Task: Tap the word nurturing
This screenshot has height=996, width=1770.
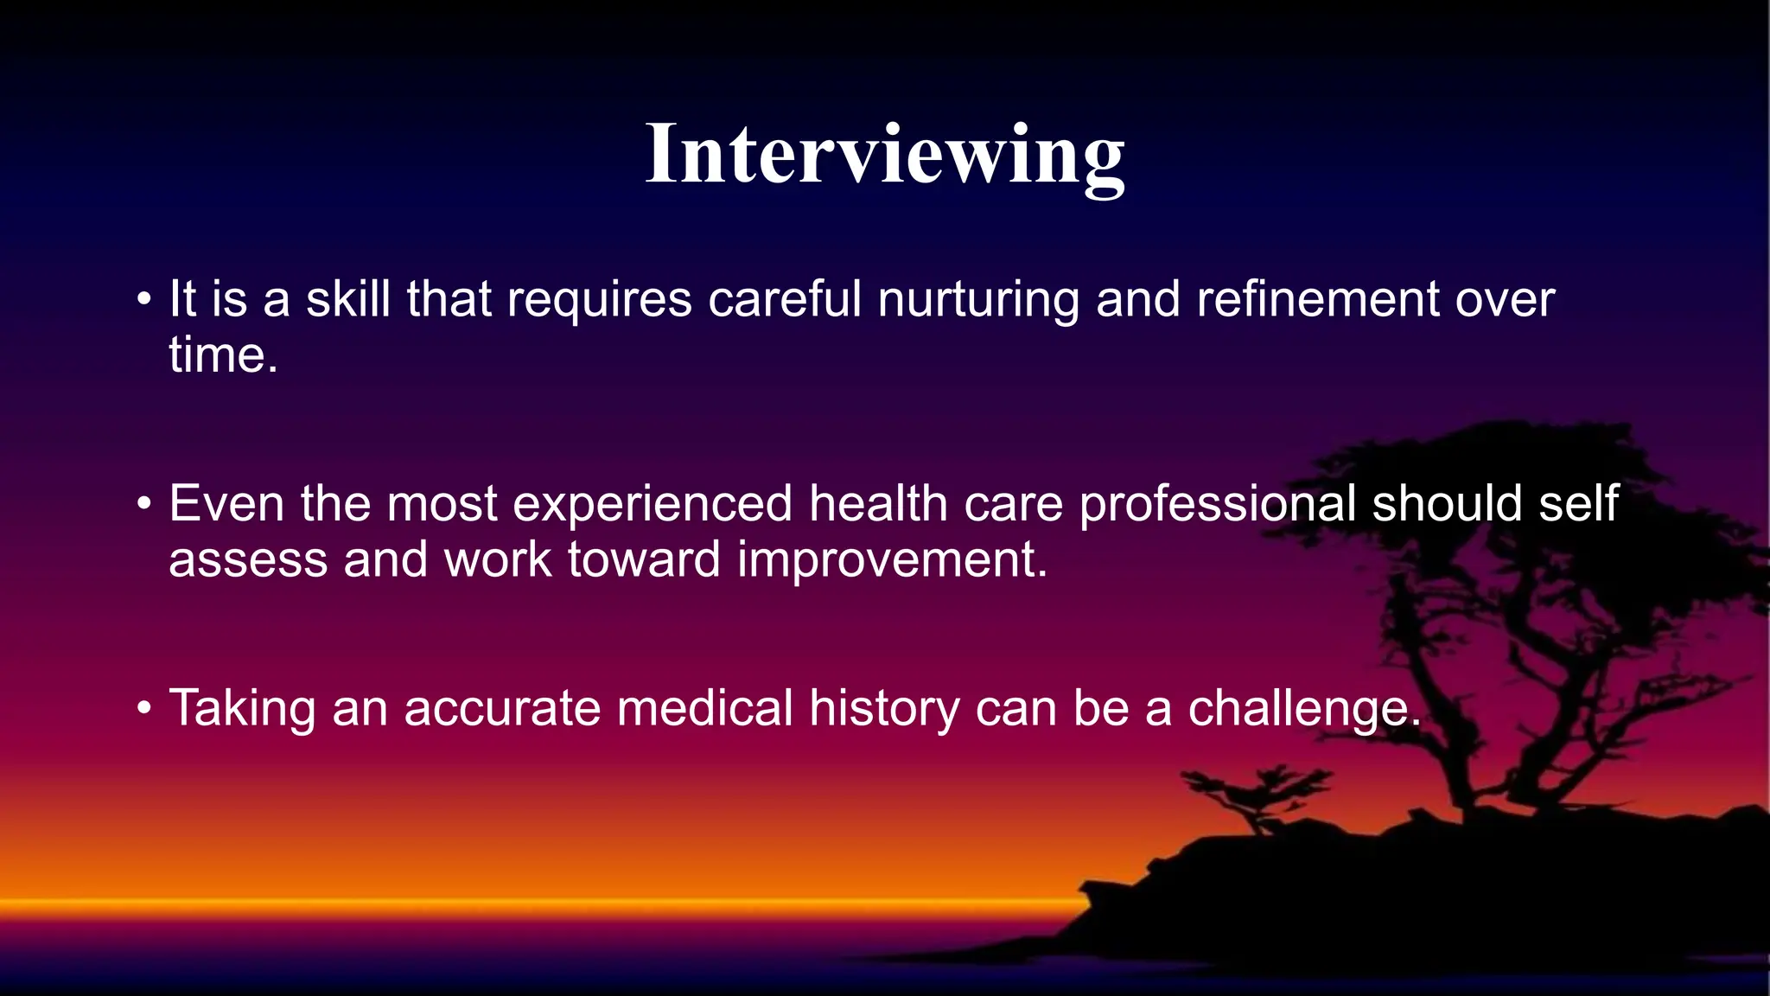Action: click(978, 301)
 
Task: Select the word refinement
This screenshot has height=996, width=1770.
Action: click(1317, 299)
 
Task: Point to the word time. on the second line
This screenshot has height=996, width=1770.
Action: click(223, 355)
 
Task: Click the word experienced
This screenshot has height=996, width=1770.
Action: click(653, 504)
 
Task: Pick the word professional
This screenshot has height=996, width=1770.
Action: click(1217, 504)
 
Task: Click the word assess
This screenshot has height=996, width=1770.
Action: click(248, 560)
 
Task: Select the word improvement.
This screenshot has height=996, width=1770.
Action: click(892, 560)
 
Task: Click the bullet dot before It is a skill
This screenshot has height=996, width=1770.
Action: click(144, 300)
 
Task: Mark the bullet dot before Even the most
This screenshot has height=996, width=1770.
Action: click(144, 504)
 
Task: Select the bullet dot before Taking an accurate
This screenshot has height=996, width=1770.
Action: click(144, 709)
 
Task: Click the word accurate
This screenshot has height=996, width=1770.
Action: click(501, 709)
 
